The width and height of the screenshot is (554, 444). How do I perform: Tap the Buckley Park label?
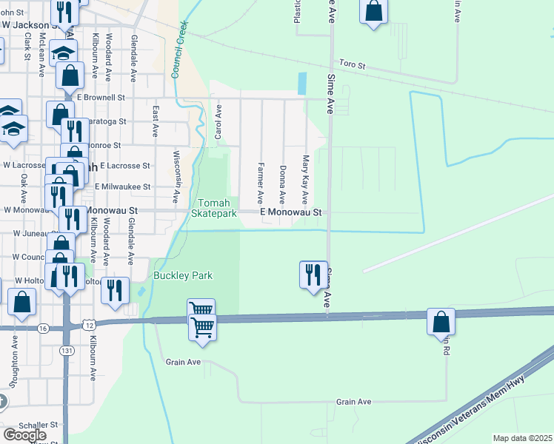183,275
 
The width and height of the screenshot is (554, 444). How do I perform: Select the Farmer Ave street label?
261,183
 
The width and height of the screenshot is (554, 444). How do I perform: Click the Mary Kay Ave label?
304,180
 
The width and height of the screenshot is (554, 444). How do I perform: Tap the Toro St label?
352,65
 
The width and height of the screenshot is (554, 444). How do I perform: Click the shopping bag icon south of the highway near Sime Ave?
441,322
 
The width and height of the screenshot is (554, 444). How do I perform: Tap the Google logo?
24,434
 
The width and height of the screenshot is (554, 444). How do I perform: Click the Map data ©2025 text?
522,438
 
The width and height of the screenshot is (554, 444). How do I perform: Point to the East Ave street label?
156,121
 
